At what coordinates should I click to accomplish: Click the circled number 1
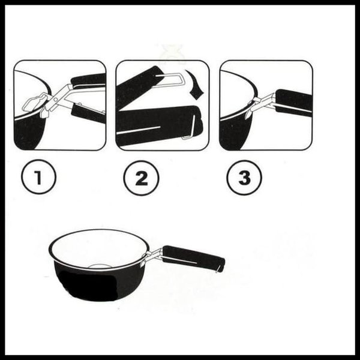coord(38,177)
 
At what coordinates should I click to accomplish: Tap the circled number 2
coord(141,178)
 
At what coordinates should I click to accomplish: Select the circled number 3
coord(244,178)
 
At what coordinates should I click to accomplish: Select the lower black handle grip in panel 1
coord(88,113)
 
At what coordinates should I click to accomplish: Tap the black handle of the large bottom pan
coord(193,258)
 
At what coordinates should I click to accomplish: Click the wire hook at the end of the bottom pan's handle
coord(219,269)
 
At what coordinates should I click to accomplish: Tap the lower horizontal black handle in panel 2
coord(158,125)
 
